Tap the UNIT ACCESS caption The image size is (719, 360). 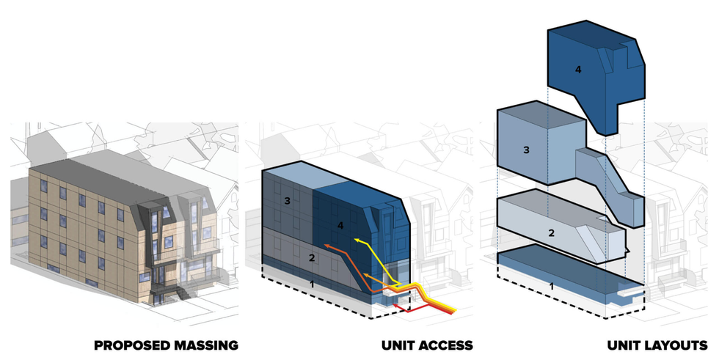[426, 345]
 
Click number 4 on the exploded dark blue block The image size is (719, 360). [578, 70]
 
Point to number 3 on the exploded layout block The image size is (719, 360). [526, 150]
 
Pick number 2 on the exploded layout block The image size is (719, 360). [550, 232]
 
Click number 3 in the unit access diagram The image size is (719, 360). [287, 200]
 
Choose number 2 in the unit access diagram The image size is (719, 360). [311, 257]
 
